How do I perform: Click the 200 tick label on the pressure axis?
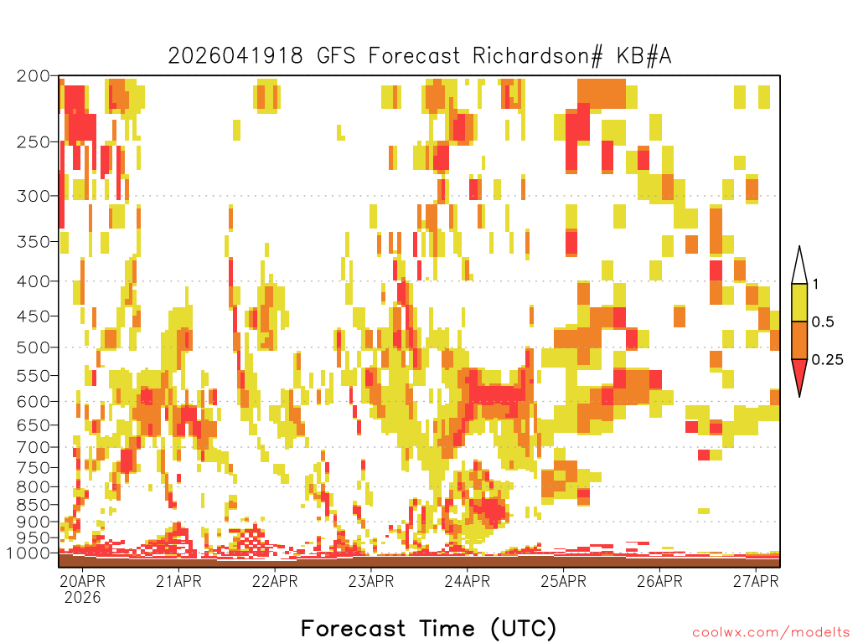click(33, 76)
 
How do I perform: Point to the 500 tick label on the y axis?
click(33, 347)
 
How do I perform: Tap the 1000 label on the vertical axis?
click(28, 553)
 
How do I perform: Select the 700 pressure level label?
click(33, 447)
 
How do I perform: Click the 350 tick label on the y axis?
click(33, 242)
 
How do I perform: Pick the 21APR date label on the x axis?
click(178, 581)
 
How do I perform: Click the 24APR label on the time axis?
click(468, 581)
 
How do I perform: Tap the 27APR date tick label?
click(756, 581)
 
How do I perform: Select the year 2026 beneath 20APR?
click(83, 598)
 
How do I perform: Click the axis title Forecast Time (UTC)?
click(428, 628)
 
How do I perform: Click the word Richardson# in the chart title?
click(538, 56)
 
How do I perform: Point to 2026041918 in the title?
click(235, 56)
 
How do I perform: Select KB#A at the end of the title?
click(644, 56)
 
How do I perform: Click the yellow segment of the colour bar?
click(799, 302)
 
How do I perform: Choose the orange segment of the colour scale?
click(799, 340)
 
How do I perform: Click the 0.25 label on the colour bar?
click(827, 360)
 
